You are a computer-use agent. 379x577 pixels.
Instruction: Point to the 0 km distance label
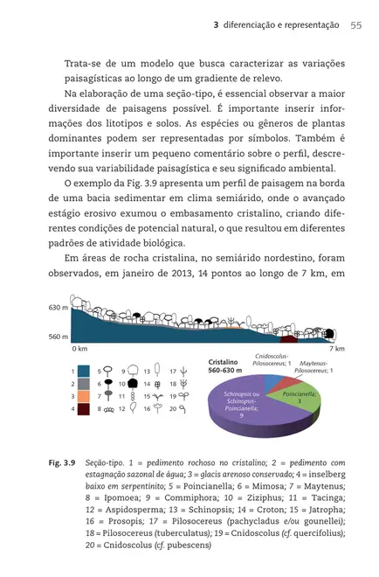pos(79,348)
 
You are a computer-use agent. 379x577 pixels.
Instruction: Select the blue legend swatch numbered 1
pos(84,371)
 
